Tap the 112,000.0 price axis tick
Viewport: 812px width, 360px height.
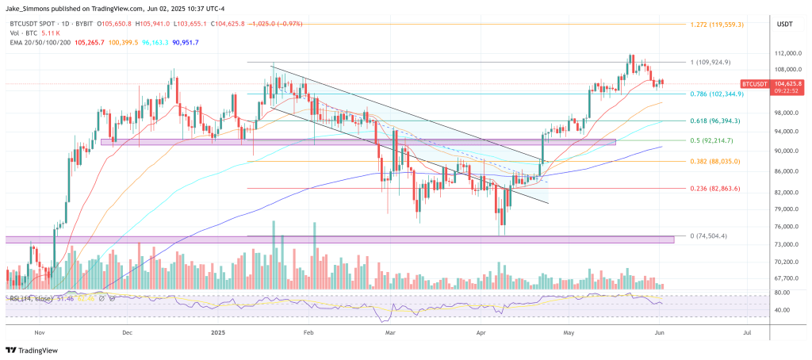pyautogui.click(x=786, y=53)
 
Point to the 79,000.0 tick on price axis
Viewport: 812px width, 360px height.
pyautogui.click(x=785, y=209)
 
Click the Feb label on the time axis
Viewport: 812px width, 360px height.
pyautogui.click(x=308, y=334)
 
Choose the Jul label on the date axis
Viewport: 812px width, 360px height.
pyautogui.click(x=747, y=334)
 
